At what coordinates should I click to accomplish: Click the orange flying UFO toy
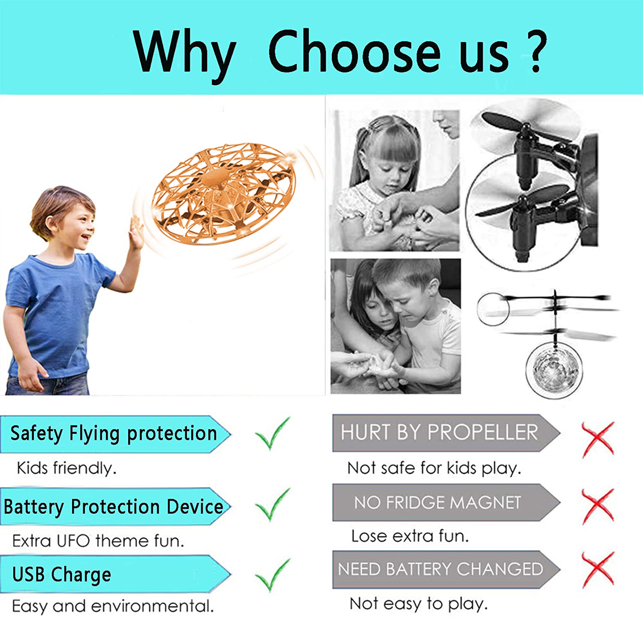point(224,193)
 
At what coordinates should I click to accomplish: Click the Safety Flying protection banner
point(116,434)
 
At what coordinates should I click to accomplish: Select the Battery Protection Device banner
point(116,506)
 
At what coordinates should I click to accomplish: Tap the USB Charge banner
point(116,574)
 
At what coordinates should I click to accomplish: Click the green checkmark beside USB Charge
point(272,575)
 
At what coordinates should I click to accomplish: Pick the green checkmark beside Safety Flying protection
point(272,434)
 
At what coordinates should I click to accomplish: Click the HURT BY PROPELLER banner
point(446,433)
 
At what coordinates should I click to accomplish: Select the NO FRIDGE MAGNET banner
point(446,502)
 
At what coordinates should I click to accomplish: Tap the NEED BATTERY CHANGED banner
point(446,569)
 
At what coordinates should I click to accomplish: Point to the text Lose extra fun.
point(410,536)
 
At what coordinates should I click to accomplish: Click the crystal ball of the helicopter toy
point(554,369)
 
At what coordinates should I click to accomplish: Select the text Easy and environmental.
point(113,606)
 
